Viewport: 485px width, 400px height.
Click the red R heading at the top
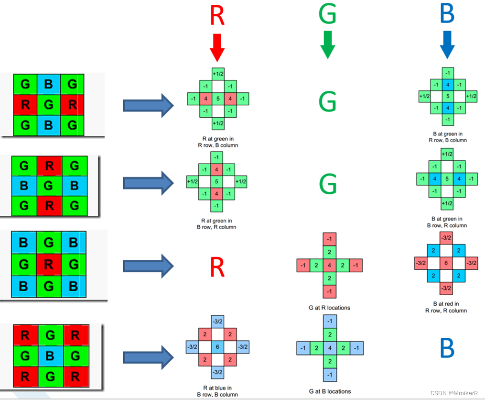217,16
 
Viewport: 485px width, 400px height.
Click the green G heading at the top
328,15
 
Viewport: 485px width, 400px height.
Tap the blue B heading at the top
447,14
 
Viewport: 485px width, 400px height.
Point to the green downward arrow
328,45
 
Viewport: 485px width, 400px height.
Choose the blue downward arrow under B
447,45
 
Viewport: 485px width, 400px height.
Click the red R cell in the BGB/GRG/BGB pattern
48,265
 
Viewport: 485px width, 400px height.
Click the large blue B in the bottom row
447,348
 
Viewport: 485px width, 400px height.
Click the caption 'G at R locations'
330,307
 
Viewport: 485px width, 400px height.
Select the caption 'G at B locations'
330,391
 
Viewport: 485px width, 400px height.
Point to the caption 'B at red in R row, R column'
446,307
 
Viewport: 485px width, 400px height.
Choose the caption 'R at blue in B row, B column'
217,391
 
